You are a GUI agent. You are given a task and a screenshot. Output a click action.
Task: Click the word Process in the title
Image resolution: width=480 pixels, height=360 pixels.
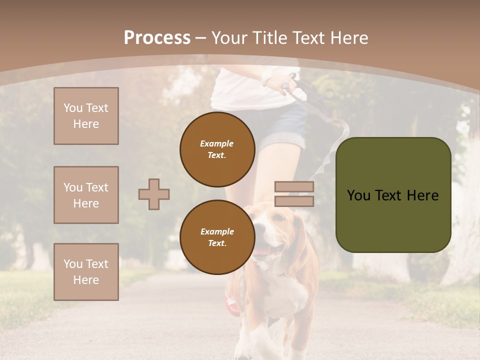(157, 38)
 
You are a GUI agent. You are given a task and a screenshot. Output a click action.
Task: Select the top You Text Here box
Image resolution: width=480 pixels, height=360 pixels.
(86, 116)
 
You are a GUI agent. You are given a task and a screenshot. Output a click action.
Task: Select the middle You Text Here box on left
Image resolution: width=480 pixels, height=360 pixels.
(86, 195)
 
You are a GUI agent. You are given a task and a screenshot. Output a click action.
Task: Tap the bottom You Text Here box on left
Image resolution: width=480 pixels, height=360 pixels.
(86, 272)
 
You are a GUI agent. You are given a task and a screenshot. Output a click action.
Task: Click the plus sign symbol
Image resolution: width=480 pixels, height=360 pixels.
(154, 194)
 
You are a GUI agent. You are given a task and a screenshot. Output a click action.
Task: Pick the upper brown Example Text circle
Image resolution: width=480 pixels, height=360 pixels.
(217, 149)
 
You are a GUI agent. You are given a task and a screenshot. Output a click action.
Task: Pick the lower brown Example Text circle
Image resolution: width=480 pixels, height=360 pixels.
(217, 237)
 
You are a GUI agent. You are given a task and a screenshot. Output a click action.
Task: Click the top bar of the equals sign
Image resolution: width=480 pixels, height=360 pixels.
(294, 187)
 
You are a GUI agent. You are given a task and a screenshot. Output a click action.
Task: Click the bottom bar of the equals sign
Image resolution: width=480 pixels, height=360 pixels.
(294, 201)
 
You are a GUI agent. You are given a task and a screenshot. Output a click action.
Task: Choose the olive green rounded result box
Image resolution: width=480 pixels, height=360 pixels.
(393, 195)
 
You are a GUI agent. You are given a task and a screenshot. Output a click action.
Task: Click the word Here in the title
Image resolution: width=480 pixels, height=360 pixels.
(346, 38)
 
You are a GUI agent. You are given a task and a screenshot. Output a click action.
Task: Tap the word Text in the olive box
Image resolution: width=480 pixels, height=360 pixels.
(392, 195)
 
